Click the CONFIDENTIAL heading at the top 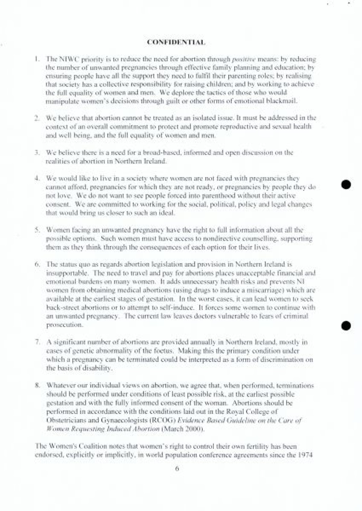click(x=176, y=42)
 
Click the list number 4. click(x=37, y=178)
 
